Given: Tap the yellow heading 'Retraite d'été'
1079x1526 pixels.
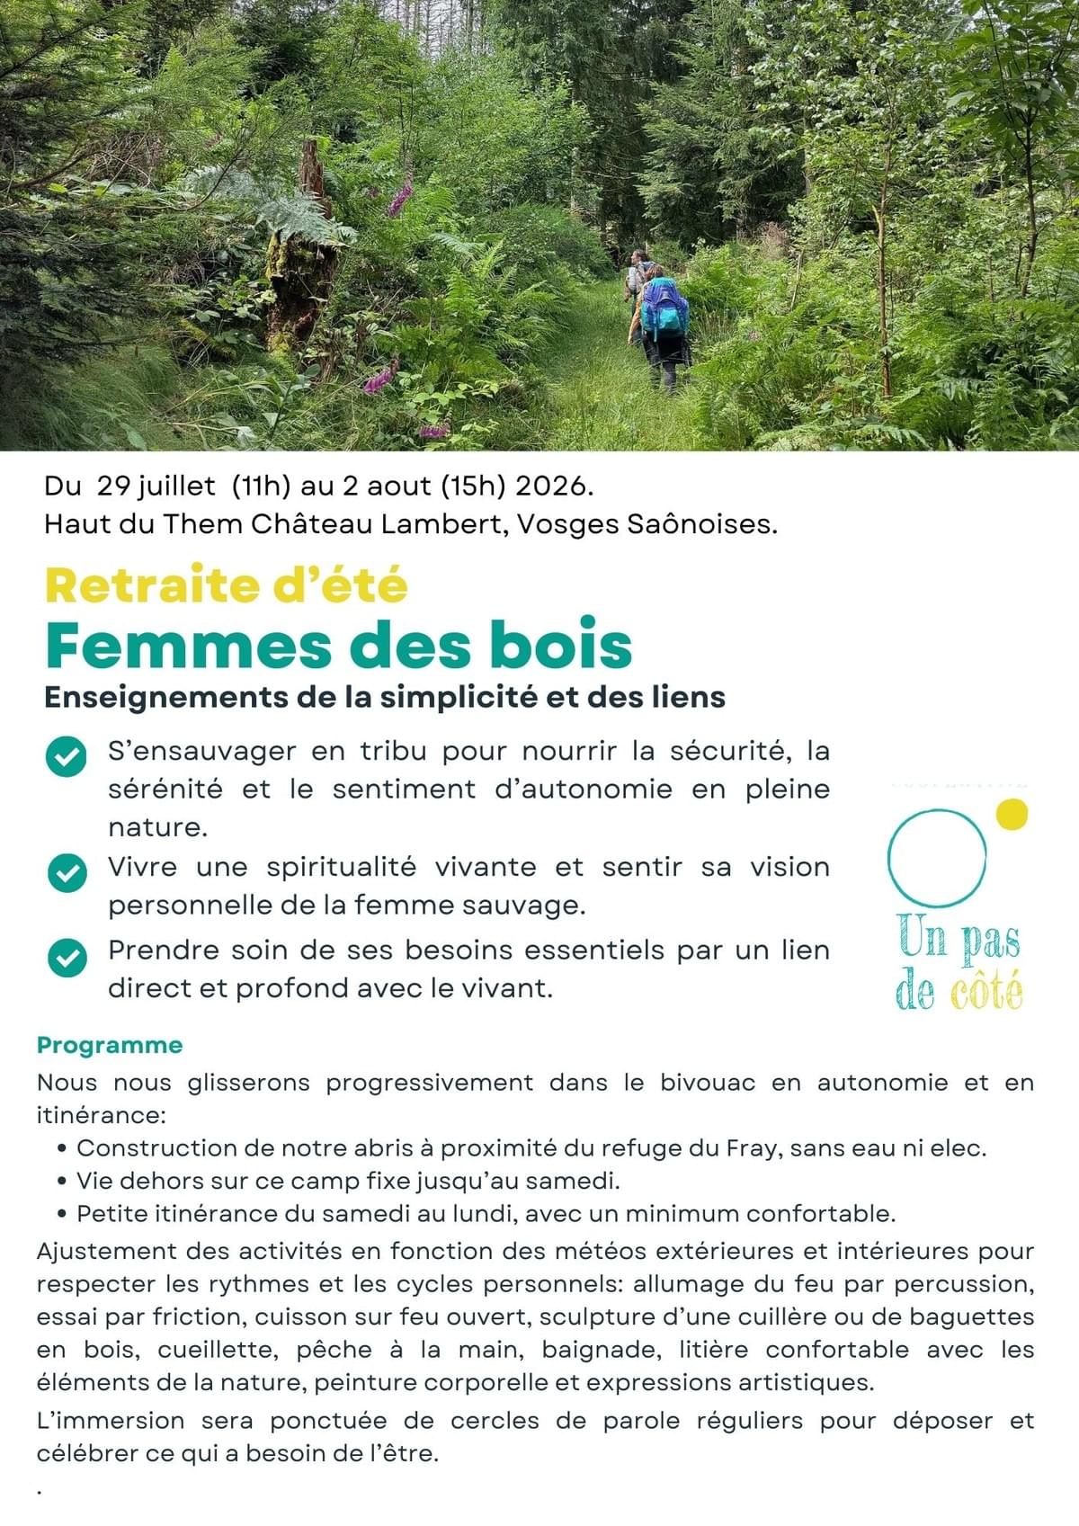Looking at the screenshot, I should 226,585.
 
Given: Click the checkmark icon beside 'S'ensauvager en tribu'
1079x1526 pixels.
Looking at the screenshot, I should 67,756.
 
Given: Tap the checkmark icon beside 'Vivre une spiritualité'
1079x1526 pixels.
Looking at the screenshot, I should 67,872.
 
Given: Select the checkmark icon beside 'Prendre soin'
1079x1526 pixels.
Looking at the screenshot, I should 67,957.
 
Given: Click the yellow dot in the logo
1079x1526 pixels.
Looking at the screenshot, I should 1012,814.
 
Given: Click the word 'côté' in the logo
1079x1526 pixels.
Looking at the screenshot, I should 985,992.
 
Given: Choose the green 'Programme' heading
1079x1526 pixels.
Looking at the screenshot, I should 110,1045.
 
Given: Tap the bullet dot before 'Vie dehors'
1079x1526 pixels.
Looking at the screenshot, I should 62,1181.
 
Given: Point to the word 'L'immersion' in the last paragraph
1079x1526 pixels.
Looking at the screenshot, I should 111,1421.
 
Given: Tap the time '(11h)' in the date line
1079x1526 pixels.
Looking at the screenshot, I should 261,486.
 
